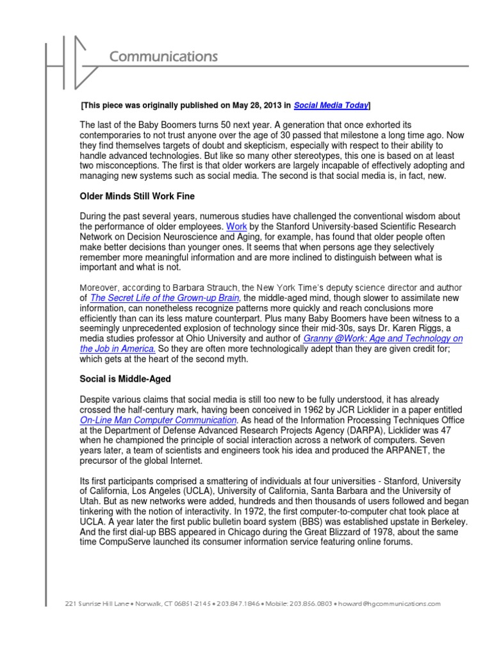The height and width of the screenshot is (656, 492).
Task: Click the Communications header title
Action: [x=163, y=57]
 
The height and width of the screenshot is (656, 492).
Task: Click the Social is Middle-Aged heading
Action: [x=125, y=380]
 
